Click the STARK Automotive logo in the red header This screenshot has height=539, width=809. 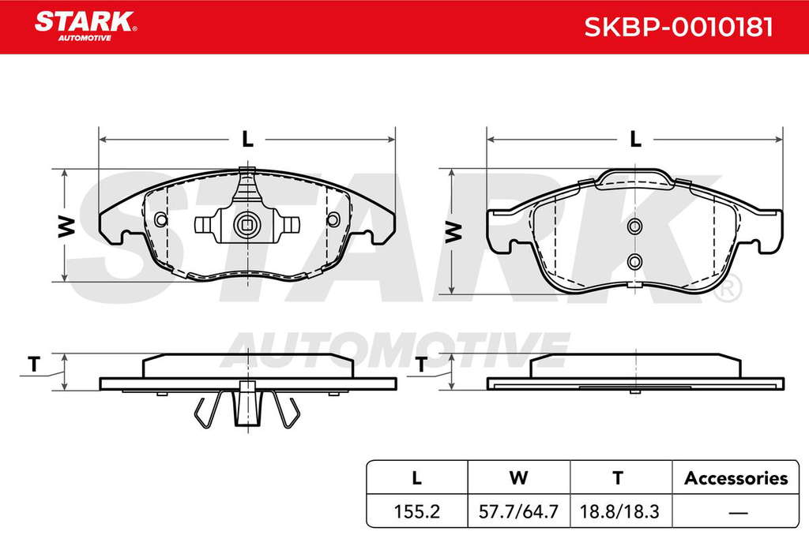tap(85, 26)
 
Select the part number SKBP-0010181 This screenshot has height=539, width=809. tap(678, 27)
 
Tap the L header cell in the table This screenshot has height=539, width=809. tap(417, 478)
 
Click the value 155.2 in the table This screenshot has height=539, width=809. tap(417, 511)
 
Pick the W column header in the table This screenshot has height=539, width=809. tap(518, 478)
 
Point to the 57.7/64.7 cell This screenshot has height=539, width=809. tap(518, 511)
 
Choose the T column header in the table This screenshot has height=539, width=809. tap(618, 478)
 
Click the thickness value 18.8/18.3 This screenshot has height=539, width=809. tap(619, 511)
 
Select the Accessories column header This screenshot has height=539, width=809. tap(736, 478)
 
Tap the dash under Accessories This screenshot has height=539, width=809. tap(739, 512)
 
